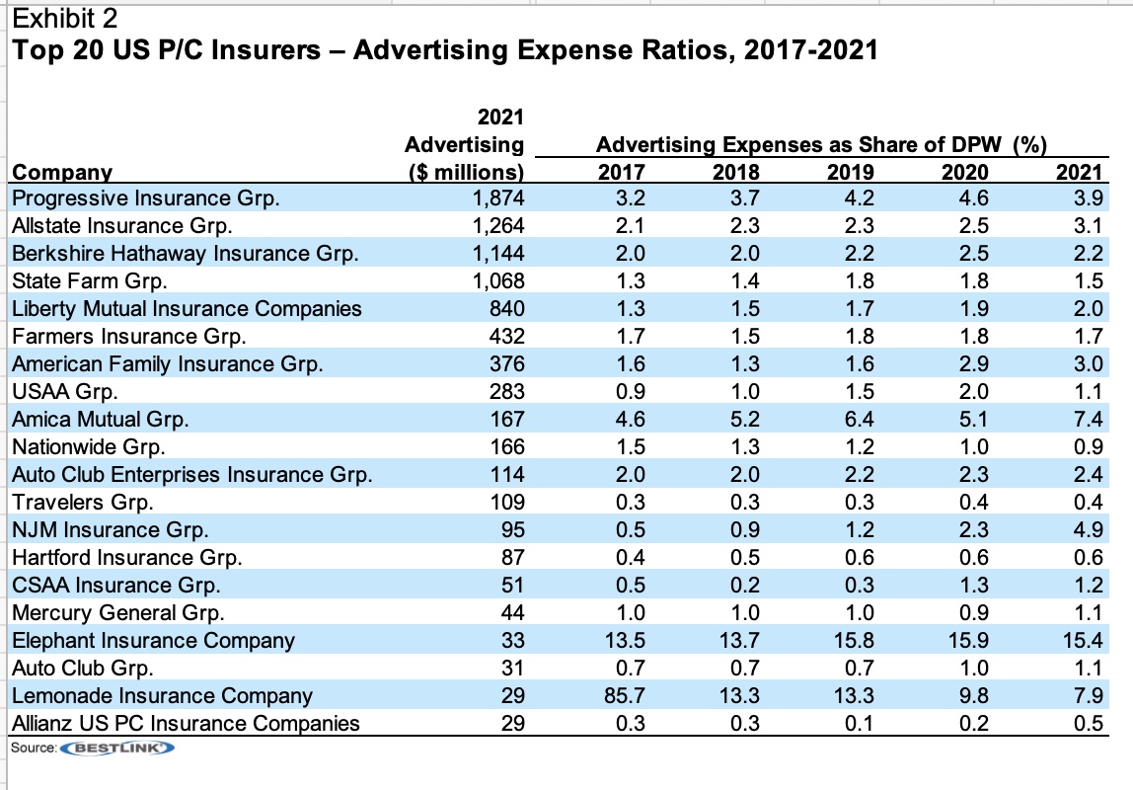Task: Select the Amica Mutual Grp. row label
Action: [100, 419]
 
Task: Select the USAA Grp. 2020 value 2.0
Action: [972, 391]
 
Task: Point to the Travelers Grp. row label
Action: [82, 502]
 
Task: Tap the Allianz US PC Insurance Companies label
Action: [186, 723]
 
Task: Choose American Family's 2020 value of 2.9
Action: [972, 363]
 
